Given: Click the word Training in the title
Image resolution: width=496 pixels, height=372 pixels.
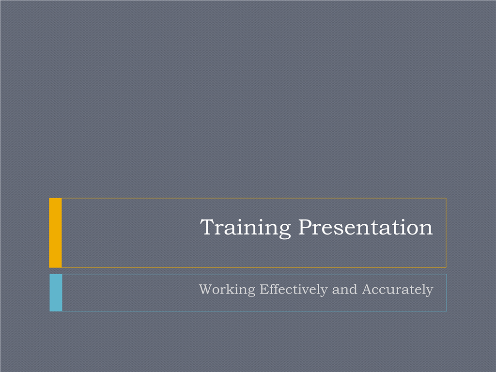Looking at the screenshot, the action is pyautogui.click(x=245, y=228).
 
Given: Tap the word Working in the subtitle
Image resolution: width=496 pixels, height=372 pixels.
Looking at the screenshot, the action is pyautogui.click(x=227, y=290).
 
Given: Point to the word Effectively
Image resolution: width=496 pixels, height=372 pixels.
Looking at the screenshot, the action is pyautogui.click(x=294, y=290).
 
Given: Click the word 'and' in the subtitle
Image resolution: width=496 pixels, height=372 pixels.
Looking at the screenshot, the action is pyautogui.click(x=344, y=290).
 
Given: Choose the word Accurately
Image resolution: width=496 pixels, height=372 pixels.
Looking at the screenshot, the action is pyautogui.click(x=397, y=290).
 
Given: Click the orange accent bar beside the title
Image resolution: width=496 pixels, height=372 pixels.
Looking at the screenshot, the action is pyautogui.click(x=55, y=233).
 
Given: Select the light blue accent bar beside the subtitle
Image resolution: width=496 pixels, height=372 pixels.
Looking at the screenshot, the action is pyautogui.click(x=56, y=293).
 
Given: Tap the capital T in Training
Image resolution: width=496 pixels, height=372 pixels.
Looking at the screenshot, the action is pyautogui.click(x=208, y=227).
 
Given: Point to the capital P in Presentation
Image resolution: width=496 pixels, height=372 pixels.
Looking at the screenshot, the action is pyautogui.click(x=306, y=227).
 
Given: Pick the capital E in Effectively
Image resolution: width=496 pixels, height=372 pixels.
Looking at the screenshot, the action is pyautogui.click(x=264, y=290).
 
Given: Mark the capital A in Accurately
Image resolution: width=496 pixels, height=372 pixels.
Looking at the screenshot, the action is pyautogui.click(x=367, y=290).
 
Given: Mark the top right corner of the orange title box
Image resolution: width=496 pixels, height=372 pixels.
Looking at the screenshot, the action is pyautogui.click(x=446, y=198).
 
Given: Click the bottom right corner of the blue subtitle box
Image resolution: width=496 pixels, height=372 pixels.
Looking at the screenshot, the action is pyautogui.click(x=447, y=311).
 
